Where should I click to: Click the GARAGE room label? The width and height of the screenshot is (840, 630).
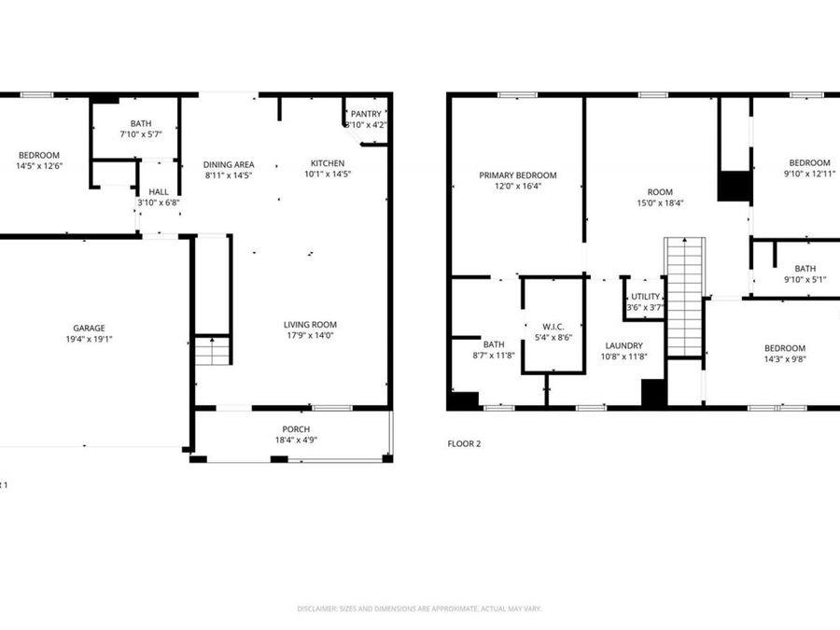click(90, 328)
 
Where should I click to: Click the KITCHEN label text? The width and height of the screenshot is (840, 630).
click(328, 163)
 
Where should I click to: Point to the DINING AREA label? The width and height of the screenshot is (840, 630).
click(229, 164)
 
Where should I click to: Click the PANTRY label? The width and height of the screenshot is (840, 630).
click(366, 114)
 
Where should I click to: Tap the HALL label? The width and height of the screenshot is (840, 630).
click(159, 191)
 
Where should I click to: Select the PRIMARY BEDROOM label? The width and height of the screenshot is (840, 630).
click(518, 175)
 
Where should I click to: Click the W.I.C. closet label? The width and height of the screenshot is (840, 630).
click(552, 327)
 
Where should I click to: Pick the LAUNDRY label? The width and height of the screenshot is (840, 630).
click(623, 345)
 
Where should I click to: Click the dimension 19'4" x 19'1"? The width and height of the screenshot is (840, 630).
click(90, 340)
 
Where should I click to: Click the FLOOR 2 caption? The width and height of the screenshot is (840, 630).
click(464, 444)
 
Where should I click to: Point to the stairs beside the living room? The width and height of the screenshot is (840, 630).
click(213, 351)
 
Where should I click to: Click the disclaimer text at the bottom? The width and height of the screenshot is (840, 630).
click(419, 609)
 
